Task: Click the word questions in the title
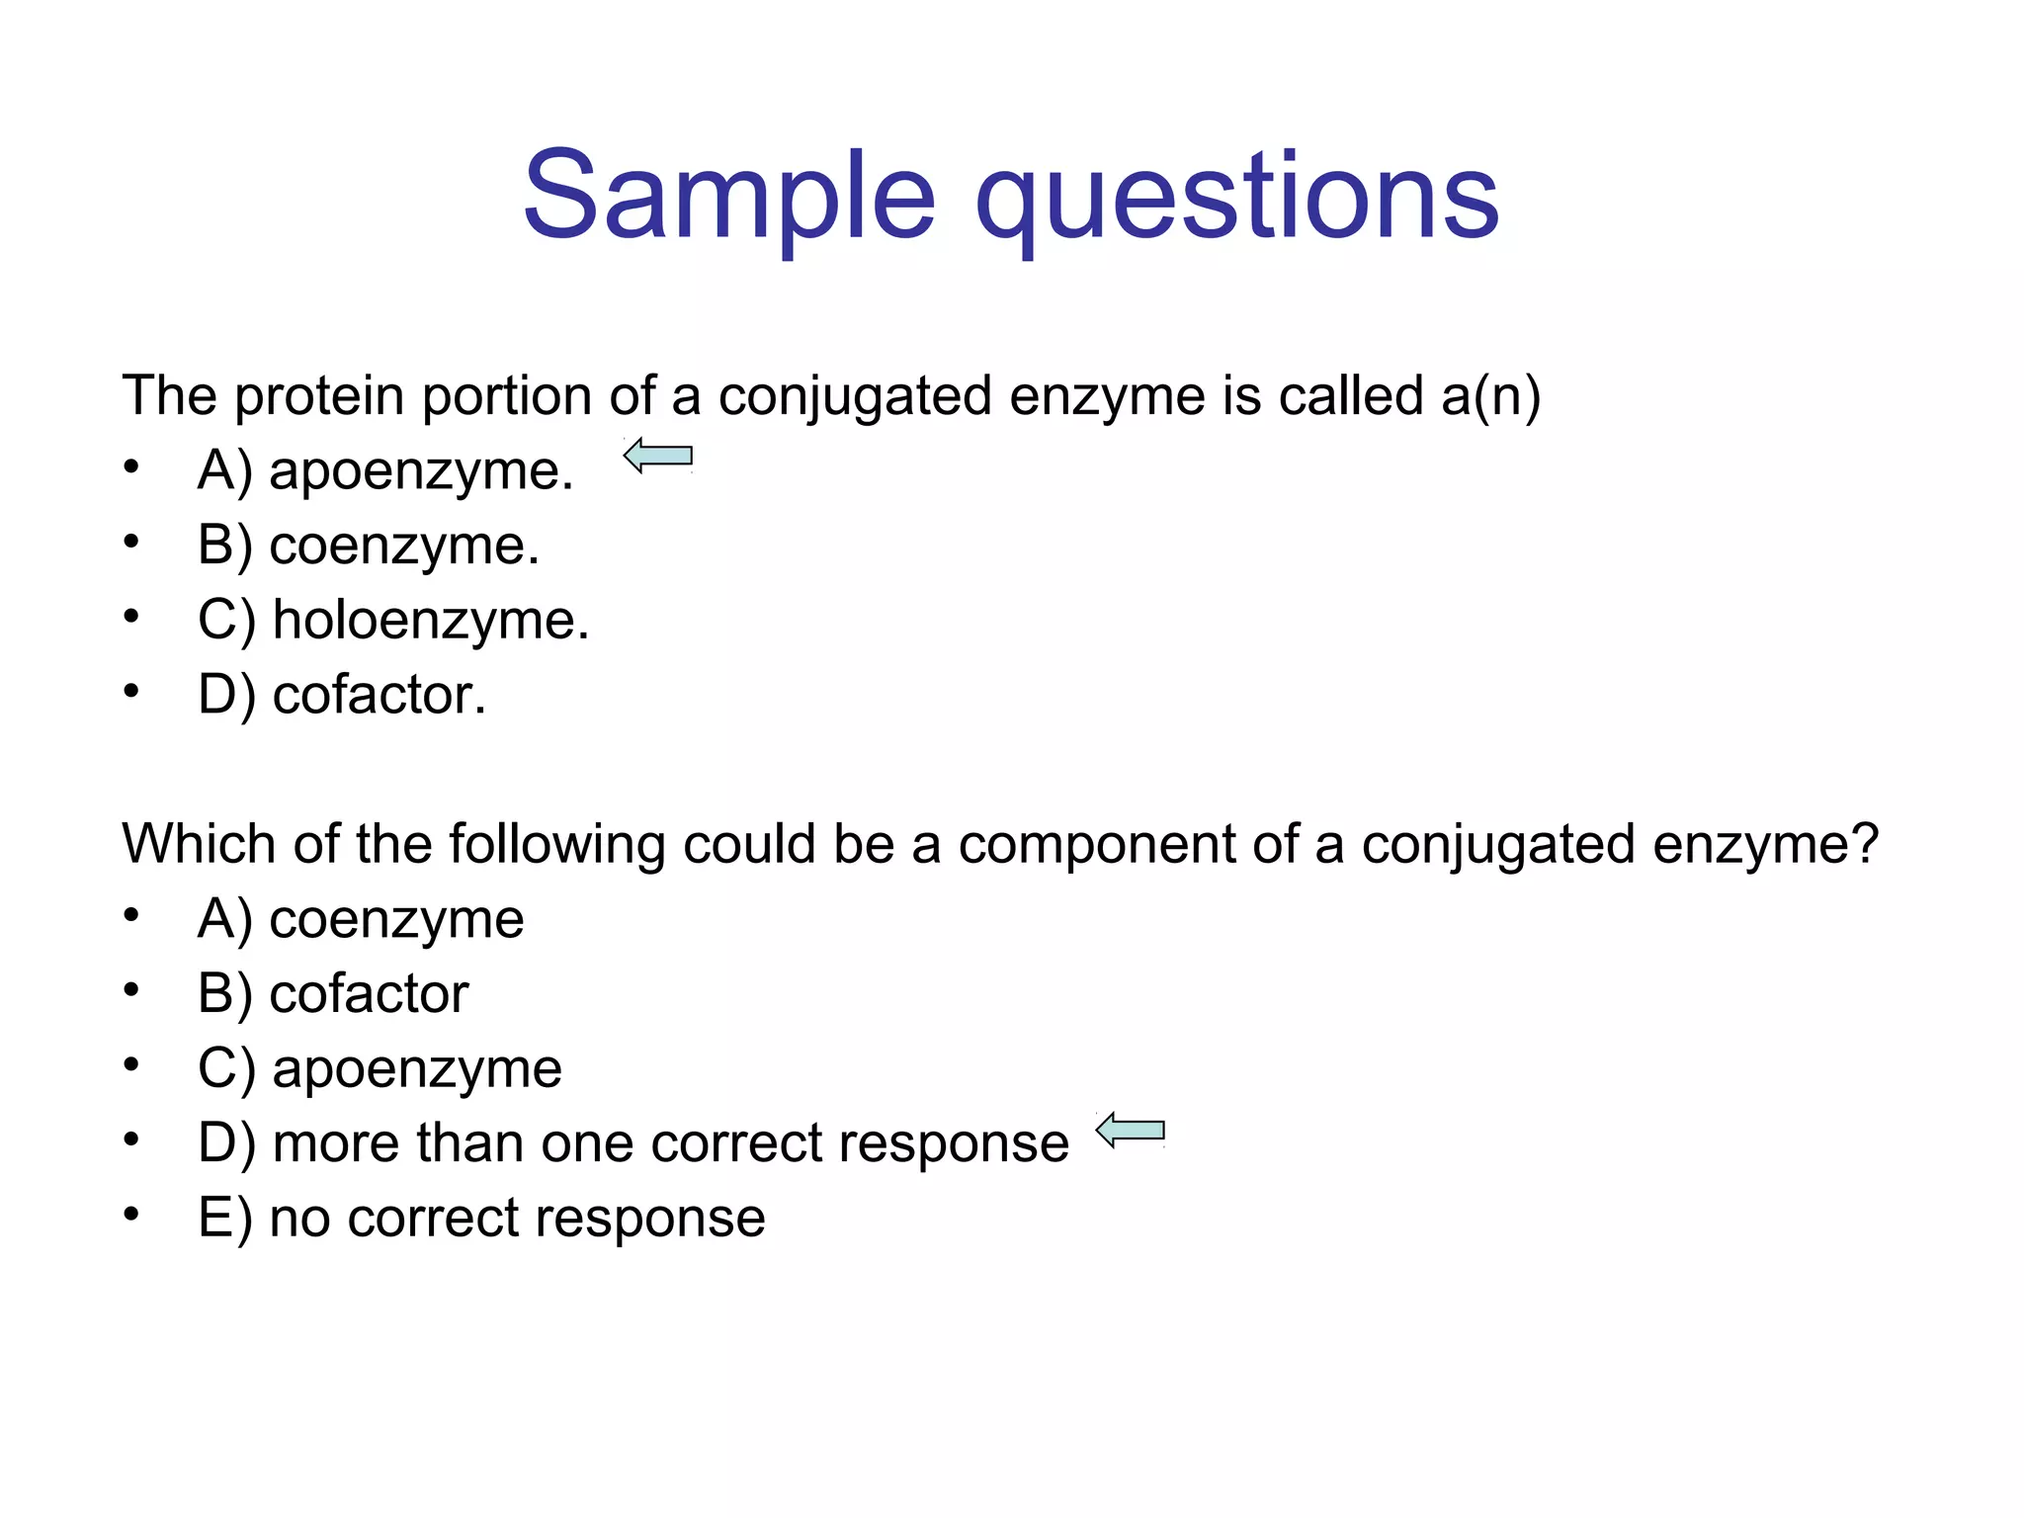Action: coord(1236,198)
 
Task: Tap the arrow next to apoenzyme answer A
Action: coord(658,456)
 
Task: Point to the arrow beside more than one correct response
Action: coord(1131,1130)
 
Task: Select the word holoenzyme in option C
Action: coord(430,621)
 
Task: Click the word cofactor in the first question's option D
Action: coord(379,695)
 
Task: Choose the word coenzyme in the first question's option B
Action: coord(403,546)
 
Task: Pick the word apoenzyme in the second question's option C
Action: coord(416,1069)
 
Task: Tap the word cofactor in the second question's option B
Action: coord(369,994)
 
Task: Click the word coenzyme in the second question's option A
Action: coord(396,919)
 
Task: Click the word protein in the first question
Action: coord(319,396)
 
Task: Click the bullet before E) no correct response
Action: coord(131,1215)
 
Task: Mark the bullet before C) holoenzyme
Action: coord(131,617)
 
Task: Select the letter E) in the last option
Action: coord(224,1218)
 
